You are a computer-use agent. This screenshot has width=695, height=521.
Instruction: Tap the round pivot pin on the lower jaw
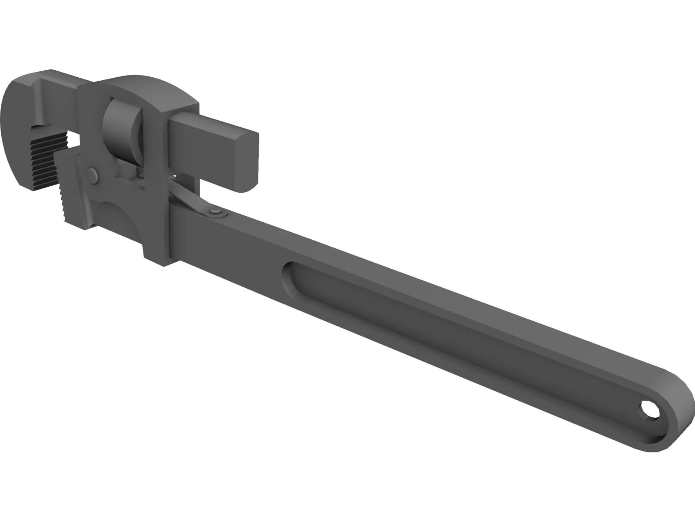93,175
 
